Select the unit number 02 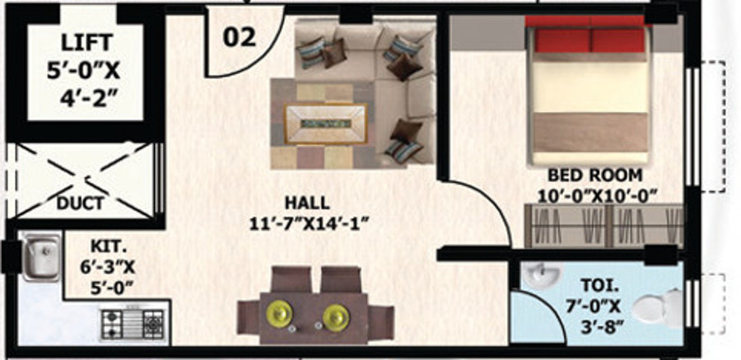(239, 36)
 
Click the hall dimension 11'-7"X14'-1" (307, 222)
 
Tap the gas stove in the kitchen (133, 324)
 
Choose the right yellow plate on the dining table (336, 316)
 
